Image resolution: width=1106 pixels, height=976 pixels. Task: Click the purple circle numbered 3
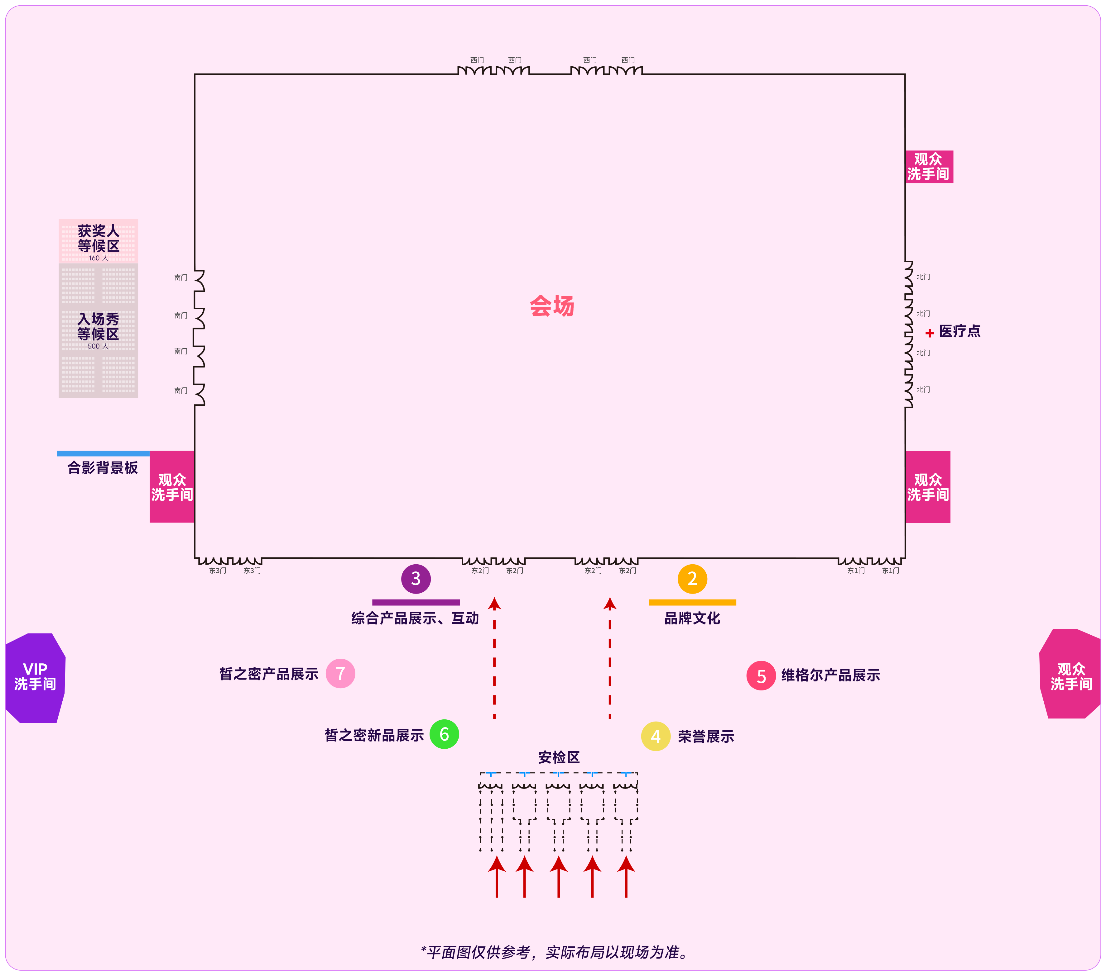click(416, 579)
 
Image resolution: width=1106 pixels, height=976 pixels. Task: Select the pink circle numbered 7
click(340, 673)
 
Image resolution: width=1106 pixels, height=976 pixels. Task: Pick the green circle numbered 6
click(444, 734)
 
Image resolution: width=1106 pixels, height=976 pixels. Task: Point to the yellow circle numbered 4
click(656, 736)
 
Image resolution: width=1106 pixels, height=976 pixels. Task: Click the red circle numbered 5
click(761, 675)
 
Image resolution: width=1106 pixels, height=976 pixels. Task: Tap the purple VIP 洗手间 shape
click(35, 678)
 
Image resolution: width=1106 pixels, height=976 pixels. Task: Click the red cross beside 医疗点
click(930, 333)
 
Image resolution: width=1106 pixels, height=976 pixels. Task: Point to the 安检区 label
click(559, 757)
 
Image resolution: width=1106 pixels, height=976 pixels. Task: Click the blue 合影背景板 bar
click(103, 453)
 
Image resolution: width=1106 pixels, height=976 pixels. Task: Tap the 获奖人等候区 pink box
click(99, 241)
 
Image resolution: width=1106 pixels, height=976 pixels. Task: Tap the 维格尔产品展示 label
click(830, 675)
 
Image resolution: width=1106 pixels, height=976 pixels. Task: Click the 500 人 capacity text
click(98, 346)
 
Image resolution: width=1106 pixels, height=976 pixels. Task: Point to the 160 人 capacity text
click(99, 258)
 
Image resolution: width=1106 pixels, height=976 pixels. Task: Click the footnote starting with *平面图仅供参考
click(555, 952)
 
